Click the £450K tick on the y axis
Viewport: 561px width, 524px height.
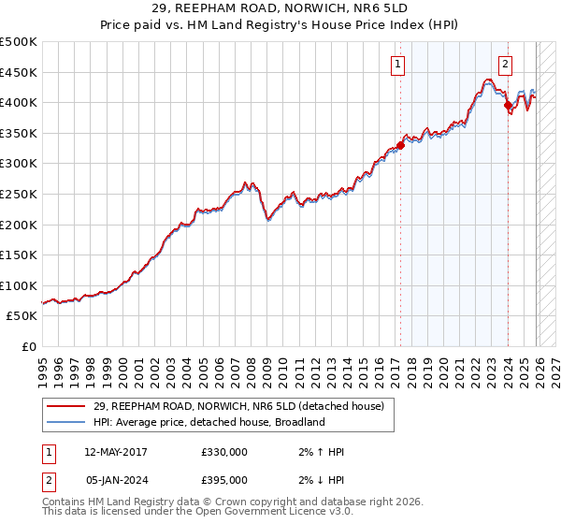click(x=19, y=72)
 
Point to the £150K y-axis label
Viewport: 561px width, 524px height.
click(x=19, y=255)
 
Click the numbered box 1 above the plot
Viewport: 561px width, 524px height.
click(x=398, y=65)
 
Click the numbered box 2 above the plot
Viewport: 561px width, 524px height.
click(x=505, y=65)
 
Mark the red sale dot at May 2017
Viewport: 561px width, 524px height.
click(x=400, y=145)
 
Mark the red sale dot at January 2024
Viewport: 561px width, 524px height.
click(x=508, y=106)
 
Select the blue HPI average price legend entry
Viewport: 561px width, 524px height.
click(x=209, y=422)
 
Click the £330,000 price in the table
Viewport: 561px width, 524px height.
click(x=224, y=452)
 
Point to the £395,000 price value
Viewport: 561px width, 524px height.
click(x=224, y=480)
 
